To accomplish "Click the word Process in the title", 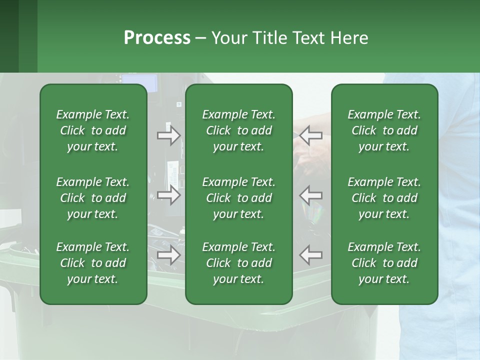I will click(x=157, y=38).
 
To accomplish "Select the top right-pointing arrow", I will click(x=168, y=135).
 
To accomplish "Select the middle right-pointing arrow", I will click(x=168, y=195).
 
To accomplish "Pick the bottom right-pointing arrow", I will click(x=168, y=255).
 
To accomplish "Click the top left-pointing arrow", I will click(x=310, y=135).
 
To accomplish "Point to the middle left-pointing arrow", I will click(x=310, y=195).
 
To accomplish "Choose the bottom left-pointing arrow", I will click(x=310, y=255).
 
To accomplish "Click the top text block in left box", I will click(x=93, y=130).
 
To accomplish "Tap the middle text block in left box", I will click(x=93, y=198).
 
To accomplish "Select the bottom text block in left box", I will click(x=93, y=263).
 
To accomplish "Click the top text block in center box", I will click(x=238, y=130).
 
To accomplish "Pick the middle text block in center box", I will click(x=238, y=198).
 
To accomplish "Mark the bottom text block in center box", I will click(x=238, y=263).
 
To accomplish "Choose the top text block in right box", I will click(x=384, y=130).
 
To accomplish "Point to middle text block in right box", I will click(x=384, y=198).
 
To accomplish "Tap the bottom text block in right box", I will click(x=384, y=263).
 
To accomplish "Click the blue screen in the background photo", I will click(x=140, y=83).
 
